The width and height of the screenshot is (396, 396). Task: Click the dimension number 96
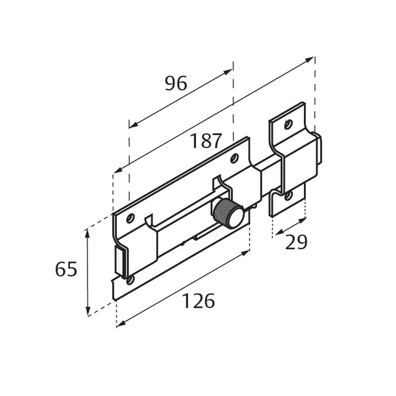(x=176, y=84)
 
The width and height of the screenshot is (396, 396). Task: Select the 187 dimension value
(x=206, y=142)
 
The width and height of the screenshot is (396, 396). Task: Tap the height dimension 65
(x=66, y=270)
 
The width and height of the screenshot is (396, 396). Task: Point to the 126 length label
(x=198, y=301)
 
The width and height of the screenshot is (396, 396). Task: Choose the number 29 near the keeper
(x=297, y=243)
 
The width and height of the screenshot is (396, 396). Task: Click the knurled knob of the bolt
(x=228, y=213)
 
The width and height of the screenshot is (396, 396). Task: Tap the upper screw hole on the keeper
(x=289, y=124)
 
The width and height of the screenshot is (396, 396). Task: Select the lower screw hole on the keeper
(x=288, y=196)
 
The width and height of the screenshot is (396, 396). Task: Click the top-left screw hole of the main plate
(x=131, y=218)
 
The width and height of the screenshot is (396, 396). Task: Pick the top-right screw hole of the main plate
(x=234, y=158)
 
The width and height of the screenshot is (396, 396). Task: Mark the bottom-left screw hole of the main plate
(x=130, y=280)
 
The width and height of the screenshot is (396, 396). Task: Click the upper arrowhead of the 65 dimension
(x=88, y=233)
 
